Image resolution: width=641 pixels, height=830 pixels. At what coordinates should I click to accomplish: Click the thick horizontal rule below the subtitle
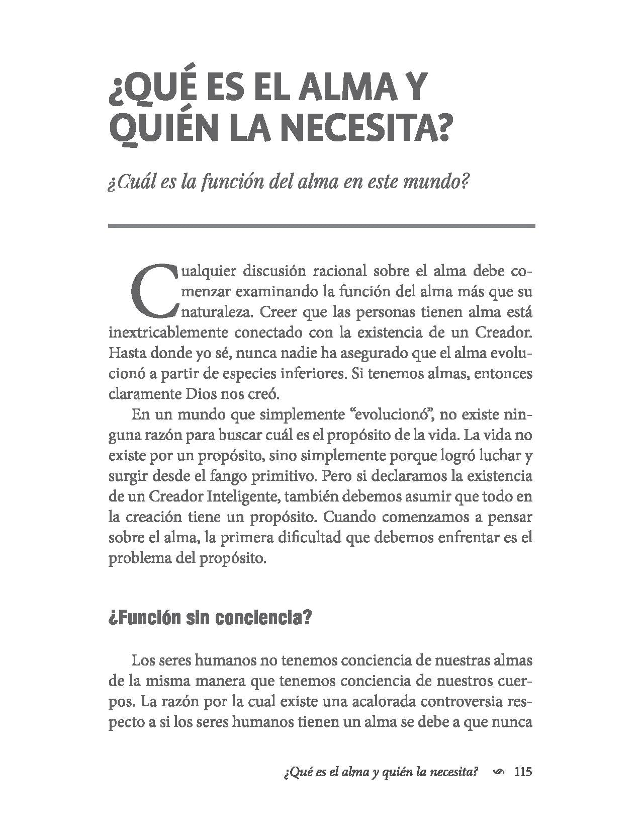[x=321, y=226]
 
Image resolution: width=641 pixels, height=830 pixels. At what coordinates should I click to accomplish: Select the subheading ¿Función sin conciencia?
[x=210, y=618]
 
